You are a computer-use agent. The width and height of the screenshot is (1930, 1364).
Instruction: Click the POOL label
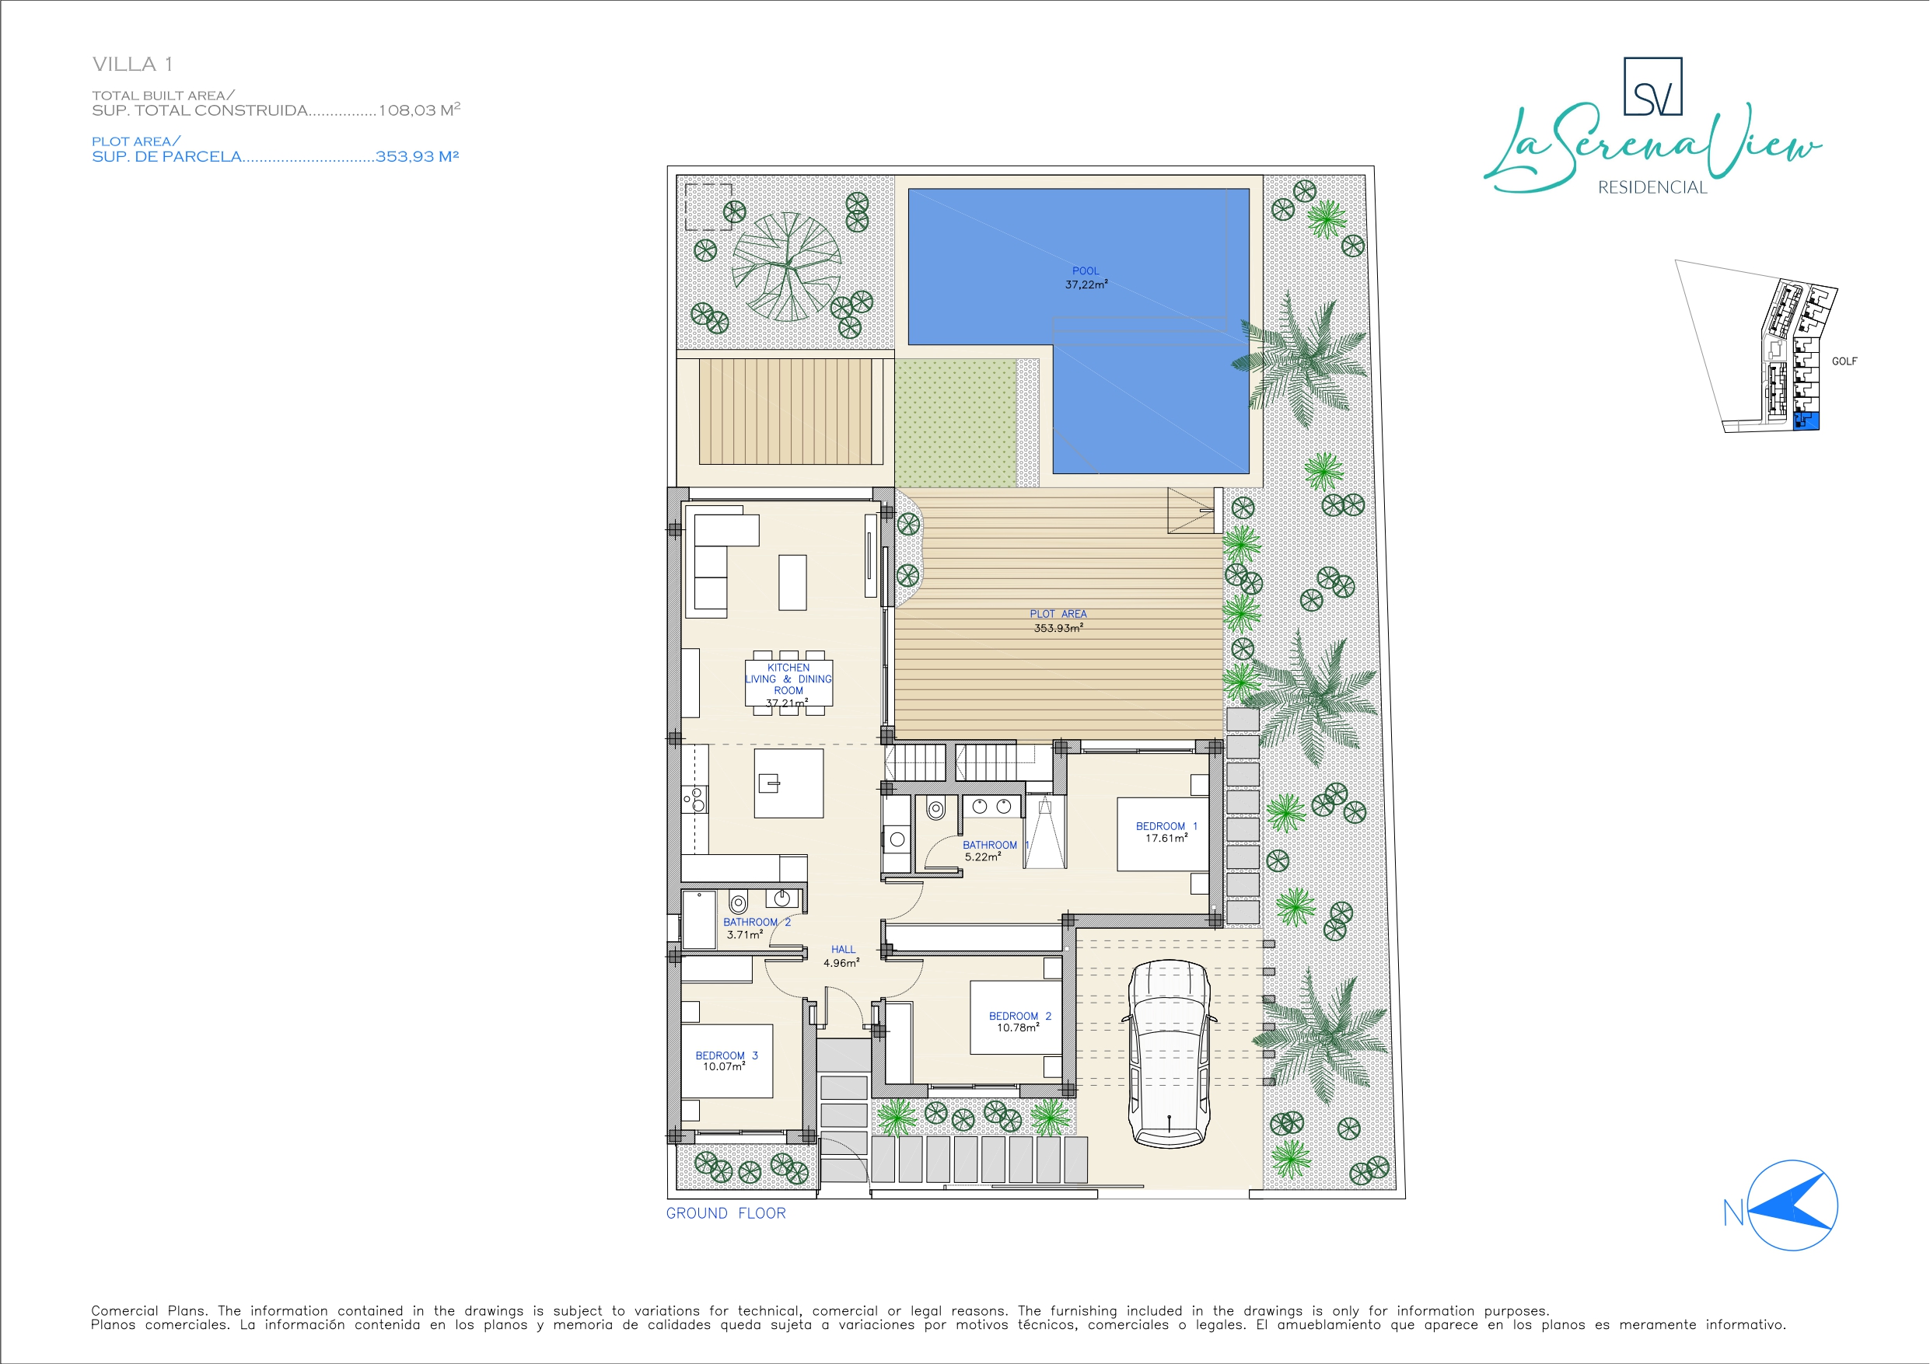pos(1086,270)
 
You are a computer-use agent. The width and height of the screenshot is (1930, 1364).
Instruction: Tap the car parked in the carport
pos(1169,1053)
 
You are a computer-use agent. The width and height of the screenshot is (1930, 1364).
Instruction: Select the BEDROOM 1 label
pos(1166,826)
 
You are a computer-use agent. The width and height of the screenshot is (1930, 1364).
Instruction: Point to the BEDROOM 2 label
pos(1019,1016)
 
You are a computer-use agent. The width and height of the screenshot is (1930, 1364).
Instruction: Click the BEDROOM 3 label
pos(726,1055)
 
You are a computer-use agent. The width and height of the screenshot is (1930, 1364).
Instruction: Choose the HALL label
pos(843,950)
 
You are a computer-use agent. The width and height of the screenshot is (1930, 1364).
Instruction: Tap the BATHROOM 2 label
pos(757,922)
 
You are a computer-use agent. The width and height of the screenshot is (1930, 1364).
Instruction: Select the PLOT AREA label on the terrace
pos(1058,613)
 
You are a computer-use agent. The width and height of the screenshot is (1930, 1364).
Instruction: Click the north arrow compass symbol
pos(1792,1206)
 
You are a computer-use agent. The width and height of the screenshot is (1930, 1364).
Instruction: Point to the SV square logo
pos(1652,86)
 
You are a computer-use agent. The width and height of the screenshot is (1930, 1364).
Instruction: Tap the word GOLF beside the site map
pos(1844,361)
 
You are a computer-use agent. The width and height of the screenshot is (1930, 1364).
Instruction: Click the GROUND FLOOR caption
pos(725,1212)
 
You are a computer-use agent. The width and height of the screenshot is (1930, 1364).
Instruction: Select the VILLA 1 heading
pos(133,64)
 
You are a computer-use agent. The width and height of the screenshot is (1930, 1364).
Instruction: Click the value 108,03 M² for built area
pos(419,110)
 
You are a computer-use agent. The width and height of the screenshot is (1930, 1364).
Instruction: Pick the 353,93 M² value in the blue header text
pos(417,156)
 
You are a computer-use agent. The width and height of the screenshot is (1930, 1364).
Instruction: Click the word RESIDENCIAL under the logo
pos(1652,187)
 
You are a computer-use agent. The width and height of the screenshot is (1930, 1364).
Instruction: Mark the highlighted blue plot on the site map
pos(1807,421)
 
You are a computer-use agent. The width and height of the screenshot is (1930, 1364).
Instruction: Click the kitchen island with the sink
pos(788,783)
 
